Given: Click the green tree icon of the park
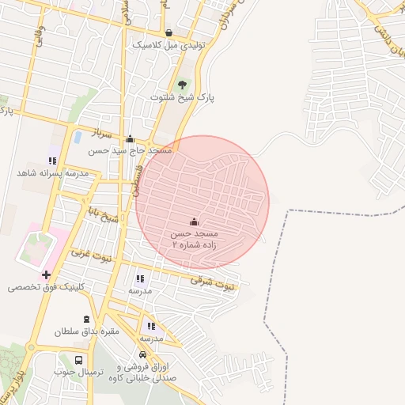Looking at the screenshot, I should [184, 83].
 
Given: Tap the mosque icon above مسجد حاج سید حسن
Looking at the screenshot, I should [130, 139].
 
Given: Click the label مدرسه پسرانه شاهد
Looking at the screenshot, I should [51, 172].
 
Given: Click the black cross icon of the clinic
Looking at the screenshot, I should [47, 275].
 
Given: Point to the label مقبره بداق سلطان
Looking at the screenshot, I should [86, 331].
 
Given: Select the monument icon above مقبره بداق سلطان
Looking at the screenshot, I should [85, 319].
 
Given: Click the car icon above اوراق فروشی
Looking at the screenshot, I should [143, 356].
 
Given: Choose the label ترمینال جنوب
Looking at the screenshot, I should [79, 372].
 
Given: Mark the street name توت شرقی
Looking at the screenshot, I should [214, 282].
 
